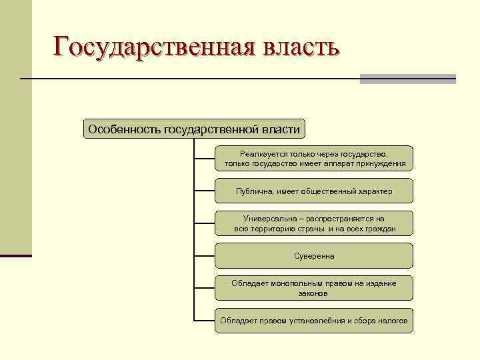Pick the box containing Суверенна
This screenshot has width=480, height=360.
point(314,256)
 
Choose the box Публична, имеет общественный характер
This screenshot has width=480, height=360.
point(314,191)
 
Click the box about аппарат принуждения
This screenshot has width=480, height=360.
point(314,159)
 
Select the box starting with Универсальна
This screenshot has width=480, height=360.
point(314,223)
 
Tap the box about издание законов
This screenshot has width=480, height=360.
point(314,288)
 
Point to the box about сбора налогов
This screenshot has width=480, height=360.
point(314,321)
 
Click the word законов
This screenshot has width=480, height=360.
point(314,293)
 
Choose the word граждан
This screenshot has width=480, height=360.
point(380,229)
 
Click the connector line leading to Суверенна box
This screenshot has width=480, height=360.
point(205,256)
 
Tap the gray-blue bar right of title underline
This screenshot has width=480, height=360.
point(407,79)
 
